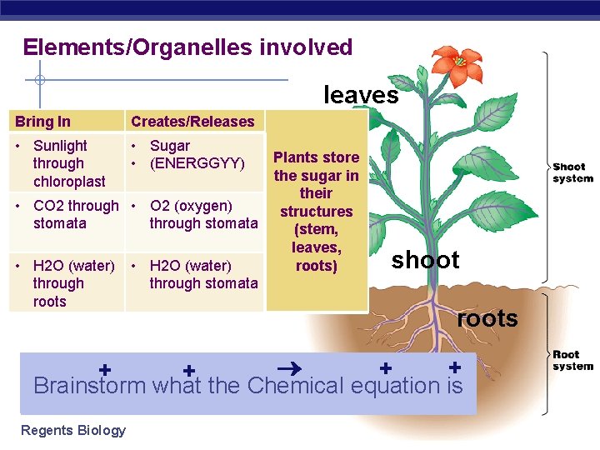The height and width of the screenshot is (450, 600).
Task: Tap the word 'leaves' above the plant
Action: point(361,95)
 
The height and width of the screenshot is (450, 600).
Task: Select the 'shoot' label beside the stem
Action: point(425,260)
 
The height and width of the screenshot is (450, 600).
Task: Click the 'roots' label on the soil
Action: point(487,318)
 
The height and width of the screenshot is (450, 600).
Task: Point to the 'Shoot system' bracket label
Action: point(572,172)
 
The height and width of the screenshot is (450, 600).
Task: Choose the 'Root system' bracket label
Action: point(572,360)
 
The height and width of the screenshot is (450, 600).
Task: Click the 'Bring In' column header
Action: point(42,122)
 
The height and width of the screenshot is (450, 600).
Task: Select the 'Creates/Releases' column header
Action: point(192,122)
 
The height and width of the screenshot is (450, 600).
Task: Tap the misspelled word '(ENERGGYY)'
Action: point(197,163)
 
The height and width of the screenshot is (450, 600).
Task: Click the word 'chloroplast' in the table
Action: point(69,182)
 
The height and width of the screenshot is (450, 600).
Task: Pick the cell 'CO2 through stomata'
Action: point(67,214)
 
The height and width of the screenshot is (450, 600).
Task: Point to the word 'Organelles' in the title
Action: point(182,47)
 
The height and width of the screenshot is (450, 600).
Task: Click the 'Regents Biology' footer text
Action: point(73,430)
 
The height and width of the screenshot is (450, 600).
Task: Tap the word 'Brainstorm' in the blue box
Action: point(89,386)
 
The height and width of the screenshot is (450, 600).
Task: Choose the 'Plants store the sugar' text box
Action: point(317,212)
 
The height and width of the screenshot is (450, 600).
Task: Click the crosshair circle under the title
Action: point(38,81)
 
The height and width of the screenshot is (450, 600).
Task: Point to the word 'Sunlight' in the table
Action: point(60,146)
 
